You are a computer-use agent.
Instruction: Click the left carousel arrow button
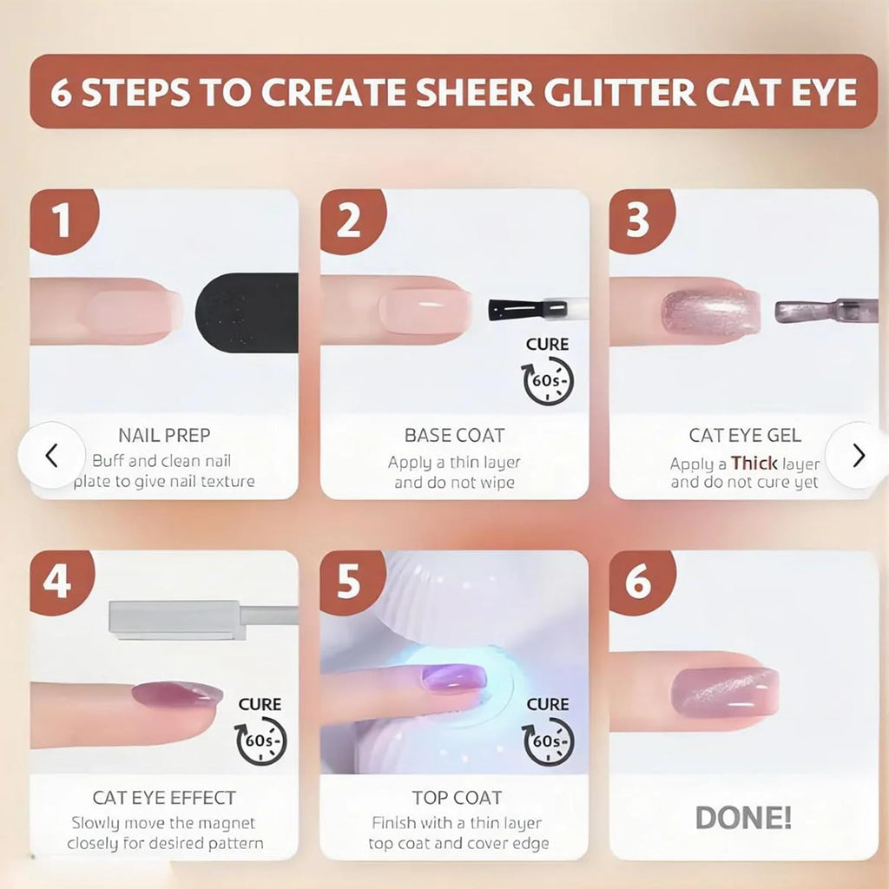tap(51, 455)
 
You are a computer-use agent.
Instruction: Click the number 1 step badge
tap(63, 221)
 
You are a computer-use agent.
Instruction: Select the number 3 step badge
tap(641, 221)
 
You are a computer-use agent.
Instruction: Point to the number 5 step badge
tap(352, 582)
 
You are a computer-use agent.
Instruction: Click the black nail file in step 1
tap(247, 313)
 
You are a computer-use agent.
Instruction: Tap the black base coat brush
tap(528, 310)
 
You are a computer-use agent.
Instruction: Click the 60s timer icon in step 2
tap(548, 380)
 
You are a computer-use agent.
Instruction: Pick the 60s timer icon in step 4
tap(260, 741)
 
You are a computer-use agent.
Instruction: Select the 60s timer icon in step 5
tap(549, 741)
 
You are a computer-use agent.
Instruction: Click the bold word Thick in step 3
tap(754, 464)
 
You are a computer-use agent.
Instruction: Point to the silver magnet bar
tap(201, 620)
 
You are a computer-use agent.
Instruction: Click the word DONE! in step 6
tap(743, 818)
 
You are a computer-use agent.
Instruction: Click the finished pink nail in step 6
tap(725, 692)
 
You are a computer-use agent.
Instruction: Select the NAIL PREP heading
tap(164, 435)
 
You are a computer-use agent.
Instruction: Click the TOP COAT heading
tap(457, 798)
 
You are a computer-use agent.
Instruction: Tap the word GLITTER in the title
tap(620, 92)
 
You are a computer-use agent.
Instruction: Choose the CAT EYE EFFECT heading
tap(164, 798)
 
